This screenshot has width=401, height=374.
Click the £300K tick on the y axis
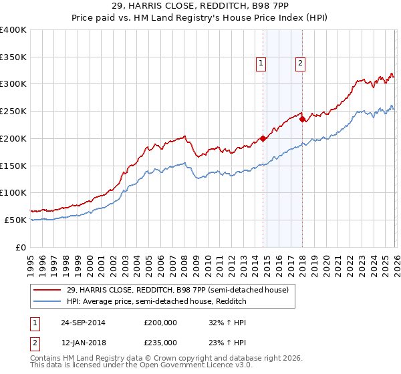13,84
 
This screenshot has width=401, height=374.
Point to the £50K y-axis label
15,220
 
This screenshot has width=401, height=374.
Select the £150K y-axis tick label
13,166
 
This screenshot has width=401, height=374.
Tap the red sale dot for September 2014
263,139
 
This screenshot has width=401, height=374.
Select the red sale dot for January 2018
302,120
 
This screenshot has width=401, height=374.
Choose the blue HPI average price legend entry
156,302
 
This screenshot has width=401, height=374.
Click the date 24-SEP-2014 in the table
82,322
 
